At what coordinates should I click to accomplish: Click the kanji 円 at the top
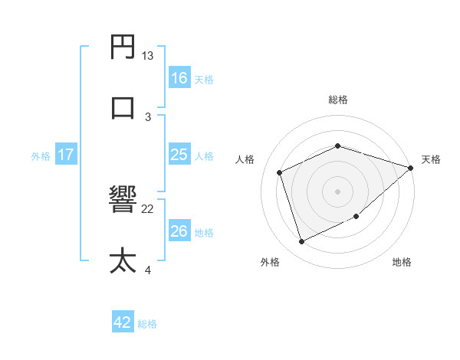(x=123, y=48)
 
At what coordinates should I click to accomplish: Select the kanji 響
(x=123, y=201)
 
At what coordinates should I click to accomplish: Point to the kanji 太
(x=123, y=260)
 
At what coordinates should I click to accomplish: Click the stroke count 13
(x=148, y=56)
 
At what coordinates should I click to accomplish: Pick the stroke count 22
(x=148, y=208)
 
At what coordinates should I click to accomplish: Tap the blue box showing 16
(x=179, y=78)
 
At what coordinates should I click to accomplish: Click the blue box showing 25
(x=179, y=155)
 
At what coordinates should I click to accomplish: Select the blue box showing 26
(x=179, y=231)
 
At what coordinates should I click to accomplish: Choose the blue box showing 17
(x=66, y=155)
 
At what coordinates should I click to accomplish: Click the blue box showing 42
(x=123, y=322)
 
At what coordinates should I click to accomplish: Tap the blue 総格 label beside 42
(x=147, y=324)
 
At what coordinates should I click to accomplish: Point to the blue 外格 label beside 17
(x=41, y=156)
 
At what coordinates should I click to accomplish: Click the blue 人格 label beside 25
(x=204, y=156)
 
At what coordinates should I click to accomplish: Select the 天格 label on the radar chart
(x=431, y=159)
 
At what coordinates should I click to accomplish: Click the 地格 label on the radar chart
(x=402, y=262)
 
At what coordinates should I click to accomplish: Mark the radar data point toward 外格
(x=302, y=242)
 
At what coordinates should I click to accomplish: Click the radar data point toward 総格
(x=337, y=146)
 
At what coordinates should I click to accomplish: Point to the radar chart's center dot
(x=337, y=191)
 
